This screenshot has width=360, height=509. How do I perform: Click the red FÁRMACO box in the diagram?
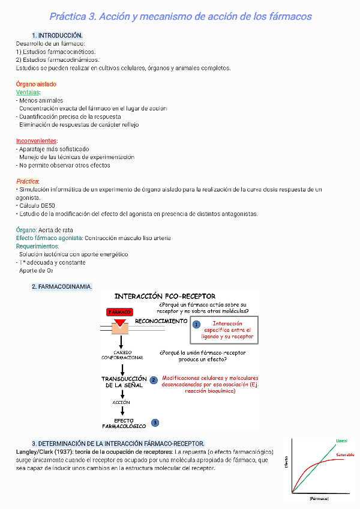coord(120,312)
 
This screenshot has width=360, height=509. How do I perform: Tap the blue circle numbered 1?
coord(196,325)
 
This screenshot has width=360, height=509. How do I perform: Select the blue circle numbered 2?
coord(154,380)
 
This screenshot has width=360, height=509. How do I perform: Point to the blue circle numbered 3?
coord(155,423)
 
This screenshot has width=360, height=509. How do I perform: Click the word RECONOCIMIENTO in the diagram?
coord(161,321)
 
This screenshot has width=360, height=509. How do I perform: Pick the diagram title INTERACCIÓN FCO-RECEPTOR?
coord(165,297)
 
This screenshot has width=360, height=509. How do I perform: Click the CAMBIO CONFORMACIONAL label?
coord(122,355)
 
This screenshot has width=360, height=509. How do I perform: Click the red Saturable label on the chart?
coord(344,454)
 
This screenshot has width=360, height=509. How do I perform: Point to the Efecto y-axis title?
coord(286,463)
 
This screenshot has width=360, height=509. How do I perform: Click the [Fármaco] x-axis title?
coord(319,499)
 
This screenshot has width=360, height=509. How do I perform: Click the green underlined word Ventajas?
coord(28,92)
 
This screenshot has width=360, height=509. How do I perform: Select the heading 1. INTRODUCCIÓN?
coord(58,36)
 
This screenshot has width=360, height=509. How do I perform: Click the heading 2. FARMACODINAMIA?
coord(62,287)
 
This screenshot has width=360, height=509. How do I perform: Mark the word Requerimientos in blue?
coord(37,246)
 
